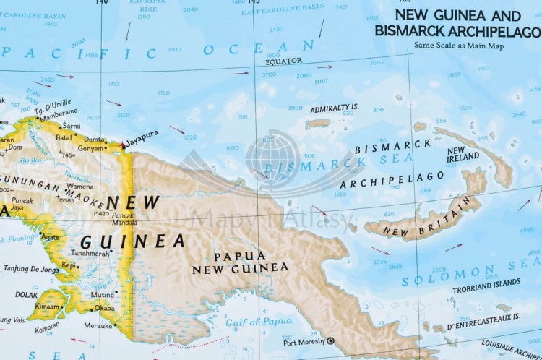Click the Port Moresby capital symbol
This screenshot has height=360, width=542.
331,340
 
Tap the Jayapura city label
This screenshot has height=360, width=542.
142,134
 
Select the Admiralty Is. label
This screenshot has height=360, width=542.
334,109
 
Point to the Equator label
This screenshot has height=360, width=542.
283,61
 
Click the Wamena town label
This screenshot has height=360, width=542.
79,186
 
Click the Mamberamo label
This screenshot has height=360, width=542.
59,113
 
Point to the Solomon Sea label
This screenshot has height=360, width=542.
470,273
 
